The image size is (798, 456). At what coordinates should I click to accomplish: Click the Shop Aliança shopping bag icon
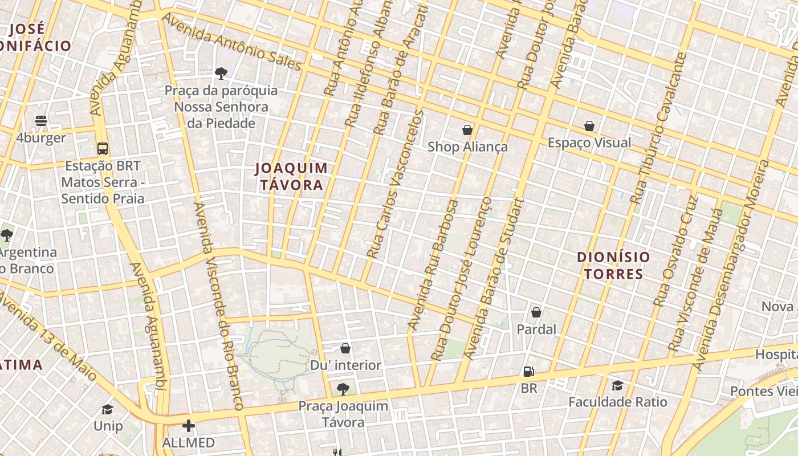coord(467,130)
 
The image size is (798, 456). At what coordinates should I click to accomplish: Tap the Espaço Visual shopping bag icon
coord(589,126)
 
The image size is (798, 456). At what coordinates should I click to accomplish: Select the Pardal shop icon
coord(536,312)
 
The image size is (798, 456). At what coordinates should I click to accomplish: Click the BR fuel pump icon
coord(529,372)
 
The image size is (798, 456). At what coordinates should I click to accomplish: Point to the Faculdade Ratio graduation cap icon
coord(617,385)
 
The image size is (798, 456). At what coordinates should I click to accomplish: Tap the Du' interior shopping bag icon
coord(345,348)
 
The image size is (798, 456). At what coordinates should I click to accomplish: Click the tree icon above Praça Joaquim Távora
coord(343,389)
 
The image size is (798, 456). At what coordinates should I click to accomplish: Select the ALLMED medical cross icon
coord(189,426)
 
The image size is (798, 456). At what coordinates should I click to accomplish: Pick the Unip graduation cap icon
coord(107,409)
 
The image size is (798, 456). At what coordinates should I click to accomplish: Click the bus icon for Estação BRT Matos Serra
coord(103,149)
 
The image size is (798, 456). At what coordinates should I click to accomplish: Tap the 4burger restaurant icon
coord(41,121)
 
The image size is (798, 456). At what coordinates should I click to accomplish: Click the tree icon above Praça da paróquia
coord(221,73)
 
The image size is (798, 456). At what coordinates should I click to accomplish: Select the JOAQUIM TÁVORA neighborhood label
coord(292,176)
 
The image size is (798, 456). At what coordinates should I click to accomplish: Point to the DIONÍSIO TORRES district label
coord(613,265)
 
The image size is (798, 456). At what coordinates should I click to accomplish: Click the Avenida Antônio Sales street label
coord(231,43)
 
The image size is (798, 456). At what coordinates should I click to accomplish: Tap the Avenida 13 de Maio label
coord(48,336)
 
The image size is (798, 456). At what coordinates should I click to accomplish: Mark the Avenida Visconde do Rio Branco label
coord(219,306)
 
